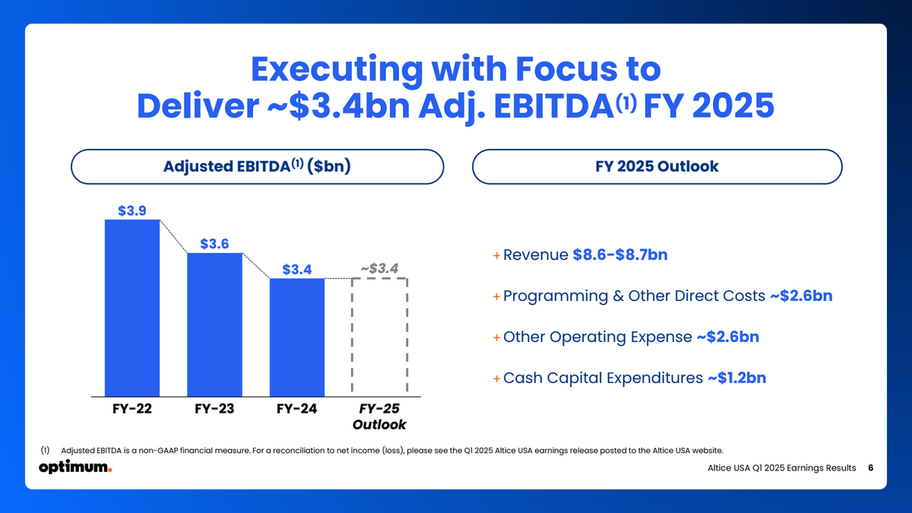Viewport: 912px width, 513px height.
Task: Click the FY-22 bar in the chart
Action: [132, 308]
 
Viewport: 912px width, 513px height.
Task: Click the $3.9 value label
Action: [132, 211]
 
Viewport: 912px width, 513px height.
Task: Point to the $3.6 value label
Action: [214, 243]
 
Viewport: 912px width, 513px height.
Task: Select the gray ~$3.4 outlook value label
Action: [379, 268]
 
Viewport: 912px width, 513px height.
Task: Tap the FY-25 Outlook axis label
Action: [379, 416]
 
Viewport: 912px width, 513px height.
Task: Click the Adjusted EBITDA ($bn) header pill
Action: [257, 166]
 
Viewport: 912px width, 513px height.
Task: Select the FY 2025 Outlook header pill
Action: [657, 166]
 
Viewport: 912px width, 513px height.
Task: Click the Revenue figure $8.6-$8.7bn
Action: [619, 255]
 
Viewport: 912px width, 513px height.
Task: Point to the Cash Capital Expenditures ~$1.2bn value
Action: [736, 378]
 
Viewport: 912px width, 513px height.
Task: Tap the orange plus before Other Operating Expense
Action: [496, 337]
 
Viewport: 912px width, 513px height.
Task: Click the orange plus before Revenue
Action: [496, 255]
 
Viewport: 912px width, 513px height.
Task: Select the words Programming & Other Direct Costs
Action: [634, 296]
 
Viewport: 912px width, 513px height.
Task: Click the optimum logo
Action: [75, 467]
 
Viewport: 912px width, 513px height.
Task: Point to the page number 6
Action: [870, 467]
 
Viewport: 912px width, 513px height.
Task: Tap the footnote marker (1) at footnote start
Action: [45, 450]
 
